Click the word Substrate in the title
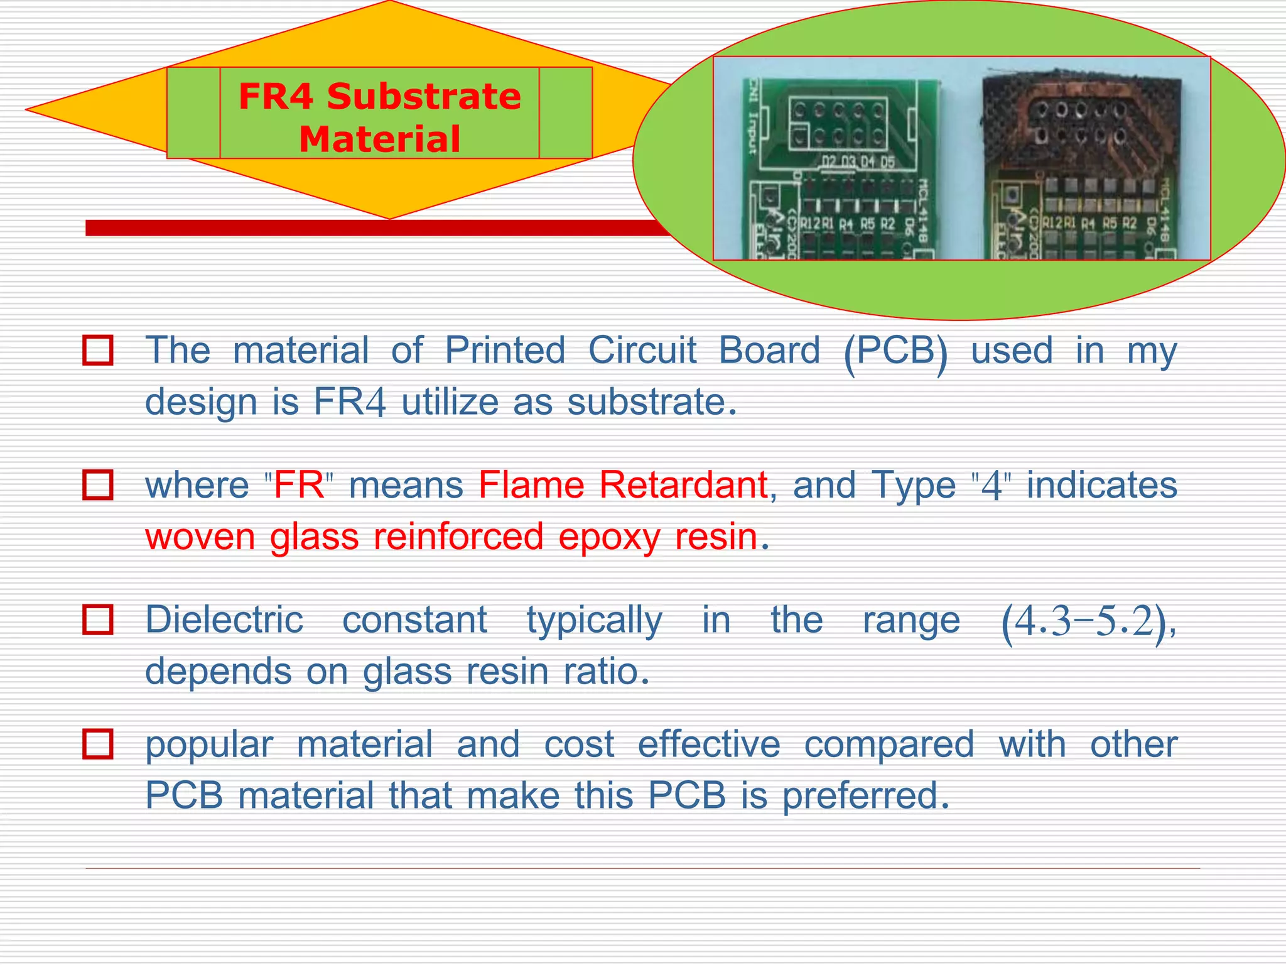pos(424,97)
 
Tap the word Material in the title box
pos(379,139)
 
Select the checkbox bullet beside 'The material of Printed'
pos(98,350)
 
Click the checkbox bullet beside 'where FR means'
pos(98,485)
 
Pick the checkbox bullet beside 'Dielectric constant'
pos(98,619)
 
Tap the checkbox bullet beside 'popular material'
pos(98,744)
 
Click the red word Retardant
pos(683,485)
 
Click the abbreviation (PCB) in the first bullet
pos(896,351)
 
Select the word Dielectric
pos(224,619)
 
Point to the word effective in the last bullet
pos(709,744)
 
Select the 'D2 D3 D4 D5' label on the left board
pos(858,162)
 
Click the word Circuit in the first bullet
pos(642,350)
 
